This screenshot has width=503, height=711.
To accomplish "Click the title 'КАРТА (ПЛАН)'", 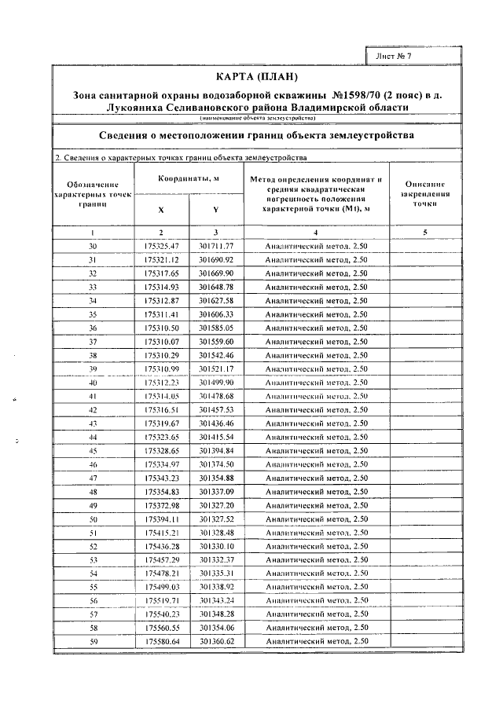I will point(257,77).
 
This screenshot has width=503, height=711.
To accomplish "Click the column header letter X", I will point(161,211).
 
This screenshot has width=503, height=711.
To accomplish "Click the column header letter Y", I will point(216,211).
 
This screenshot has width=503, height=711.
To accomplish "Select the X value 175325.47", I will point(162,247).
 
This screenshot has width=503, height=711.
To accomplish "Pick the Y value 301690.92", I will point(217,259).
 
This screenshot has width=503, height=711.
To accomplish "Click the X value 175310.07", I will point(162,342).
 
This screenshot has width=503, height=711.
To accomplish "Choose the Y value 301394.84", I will point(217,451).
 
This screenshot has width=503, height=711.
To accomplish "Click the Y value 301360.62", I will point(217,642).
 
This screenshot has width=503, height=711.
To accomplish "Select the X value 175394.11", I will point(162,519).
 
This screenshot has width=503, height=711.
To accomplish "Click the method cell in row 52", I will point(316,546).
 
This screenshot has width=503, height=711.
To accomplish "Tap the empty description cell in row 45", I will point(424,451).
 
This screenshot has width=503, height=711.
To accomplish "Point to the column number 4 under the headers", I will point(316,233).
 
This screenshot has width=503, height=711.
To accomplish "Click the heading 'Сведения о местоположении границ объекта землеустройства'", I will point(257,135).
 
